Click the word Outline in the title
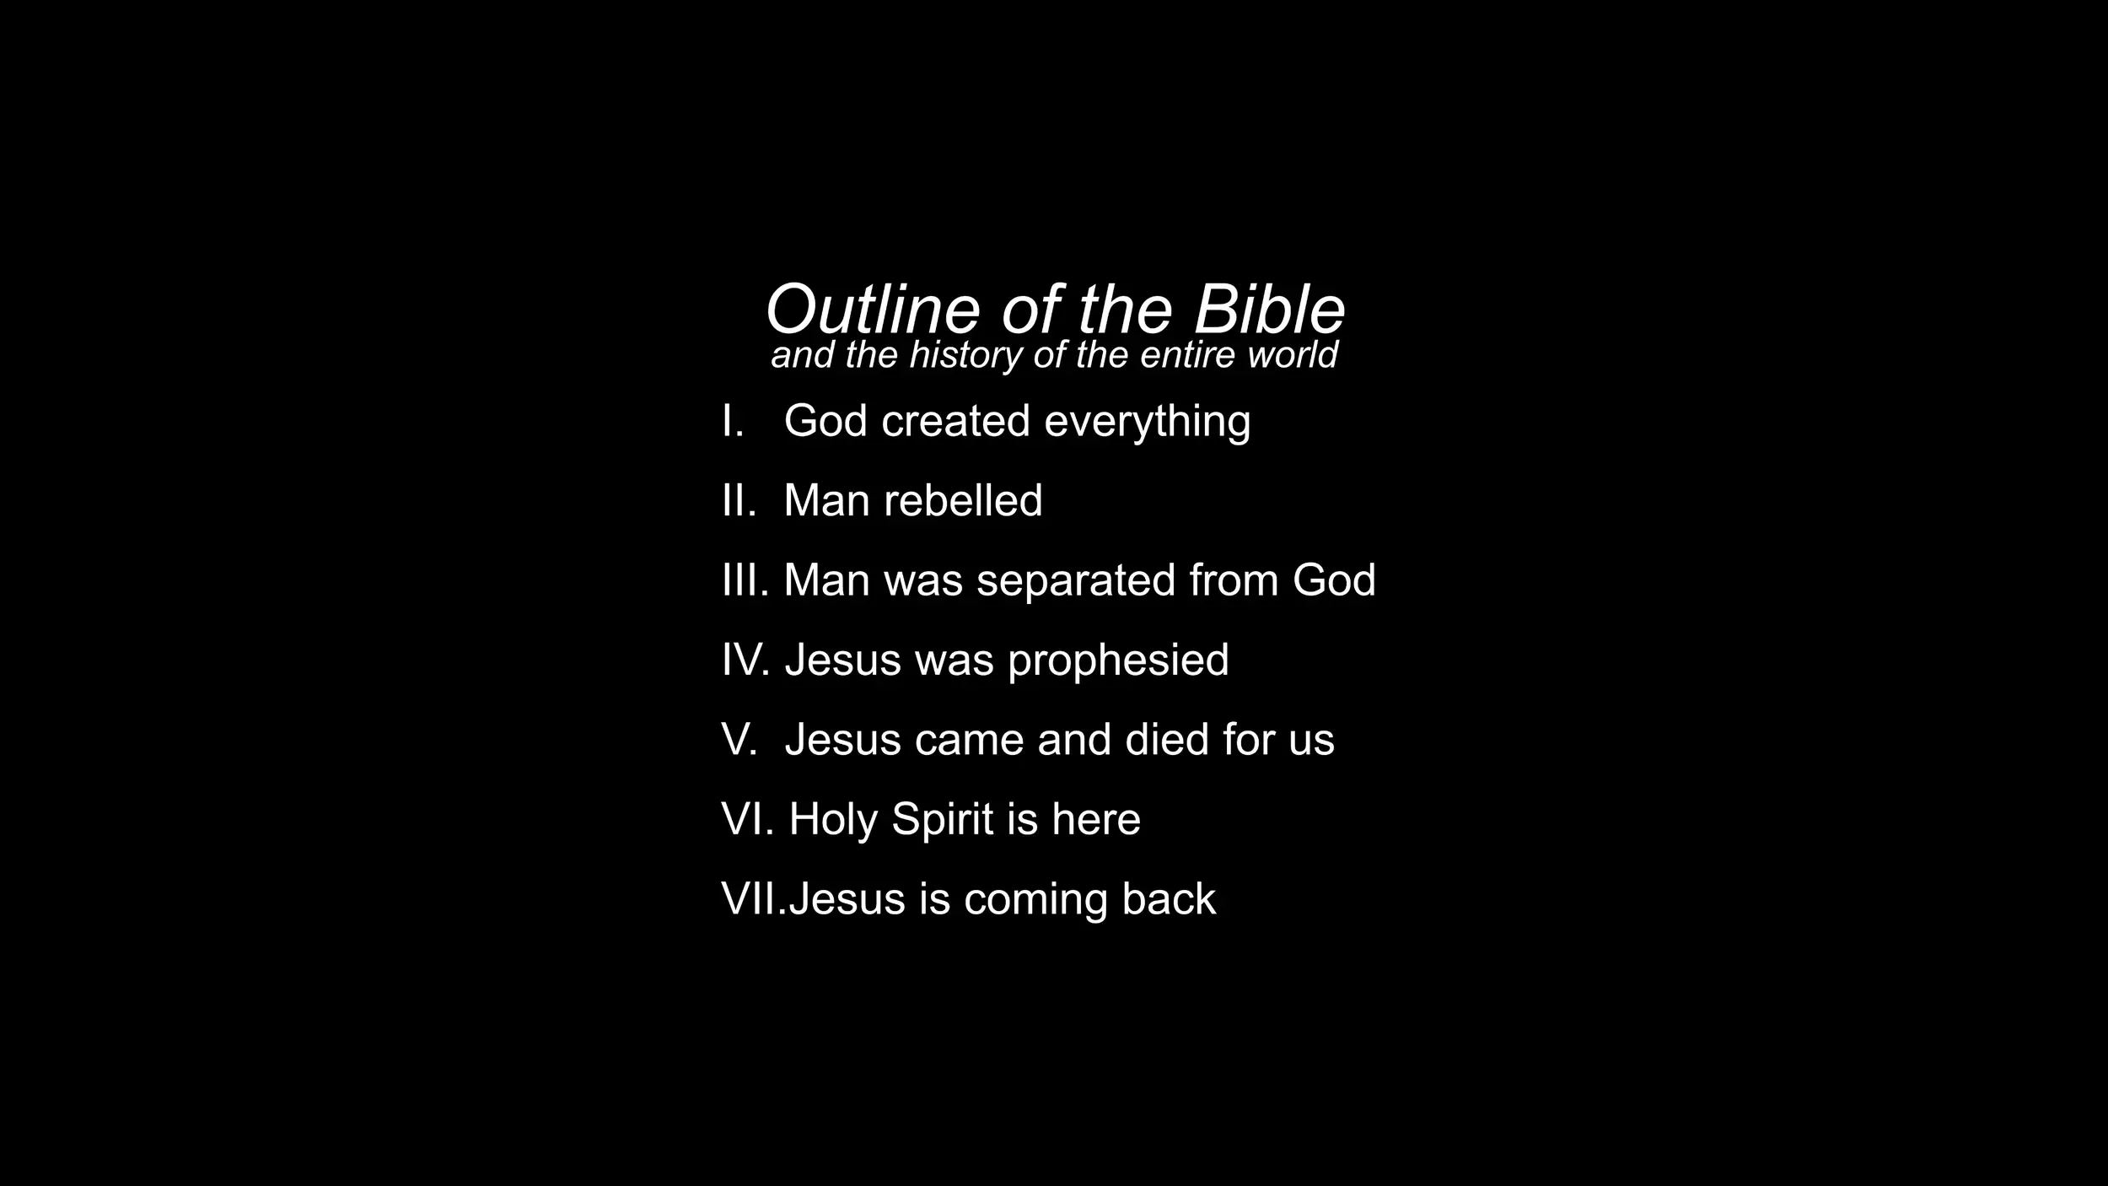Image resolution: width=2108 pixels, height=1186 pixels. pos(873,310)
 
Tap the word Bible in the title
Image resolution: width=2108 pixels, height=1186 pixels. pos(1269,310)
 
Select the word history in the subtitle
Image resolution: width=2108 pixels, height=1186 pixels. pos(966,355)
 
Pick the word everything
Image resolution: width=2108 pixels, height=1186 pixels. pos(1148,423)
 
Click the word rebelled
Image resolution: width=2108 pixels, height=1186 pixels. pos(963,500)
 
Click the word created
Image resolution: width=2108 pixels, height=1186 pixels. pos(956,421)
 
